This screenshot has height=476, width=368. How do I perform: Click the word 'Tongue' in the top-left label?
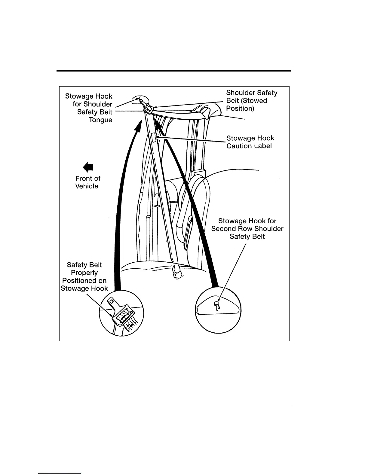tap(100, 120)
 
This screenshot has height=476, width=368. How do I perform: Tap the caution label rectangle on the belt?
tap(154, 137)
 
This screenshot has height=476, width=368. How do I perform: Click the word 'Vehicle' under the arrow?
tap(87, 186)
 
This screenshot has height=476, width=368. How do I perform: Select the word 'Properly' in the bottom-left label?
tap(84, 273)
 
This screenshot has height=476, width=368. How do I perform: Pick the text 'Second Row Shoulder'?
tap(247, 229)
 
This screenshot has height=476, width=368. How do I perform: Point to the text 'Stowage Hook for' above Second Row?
tap(247, 221)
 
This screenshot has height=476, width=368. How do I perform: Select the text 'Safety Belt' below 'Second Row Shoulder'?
tap(247, 236)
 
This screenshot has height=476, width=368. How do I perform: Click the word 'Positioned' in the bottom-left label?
tap(84, 281)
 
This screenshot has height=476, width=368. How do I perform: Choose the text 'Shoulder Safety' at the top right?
tap(252, 93)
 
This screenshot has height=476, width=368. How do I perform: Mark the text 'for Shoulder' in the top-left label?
tap(92, 104)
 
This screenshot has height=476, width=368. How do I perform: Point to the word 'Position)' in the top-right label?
tap(240, 108)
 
